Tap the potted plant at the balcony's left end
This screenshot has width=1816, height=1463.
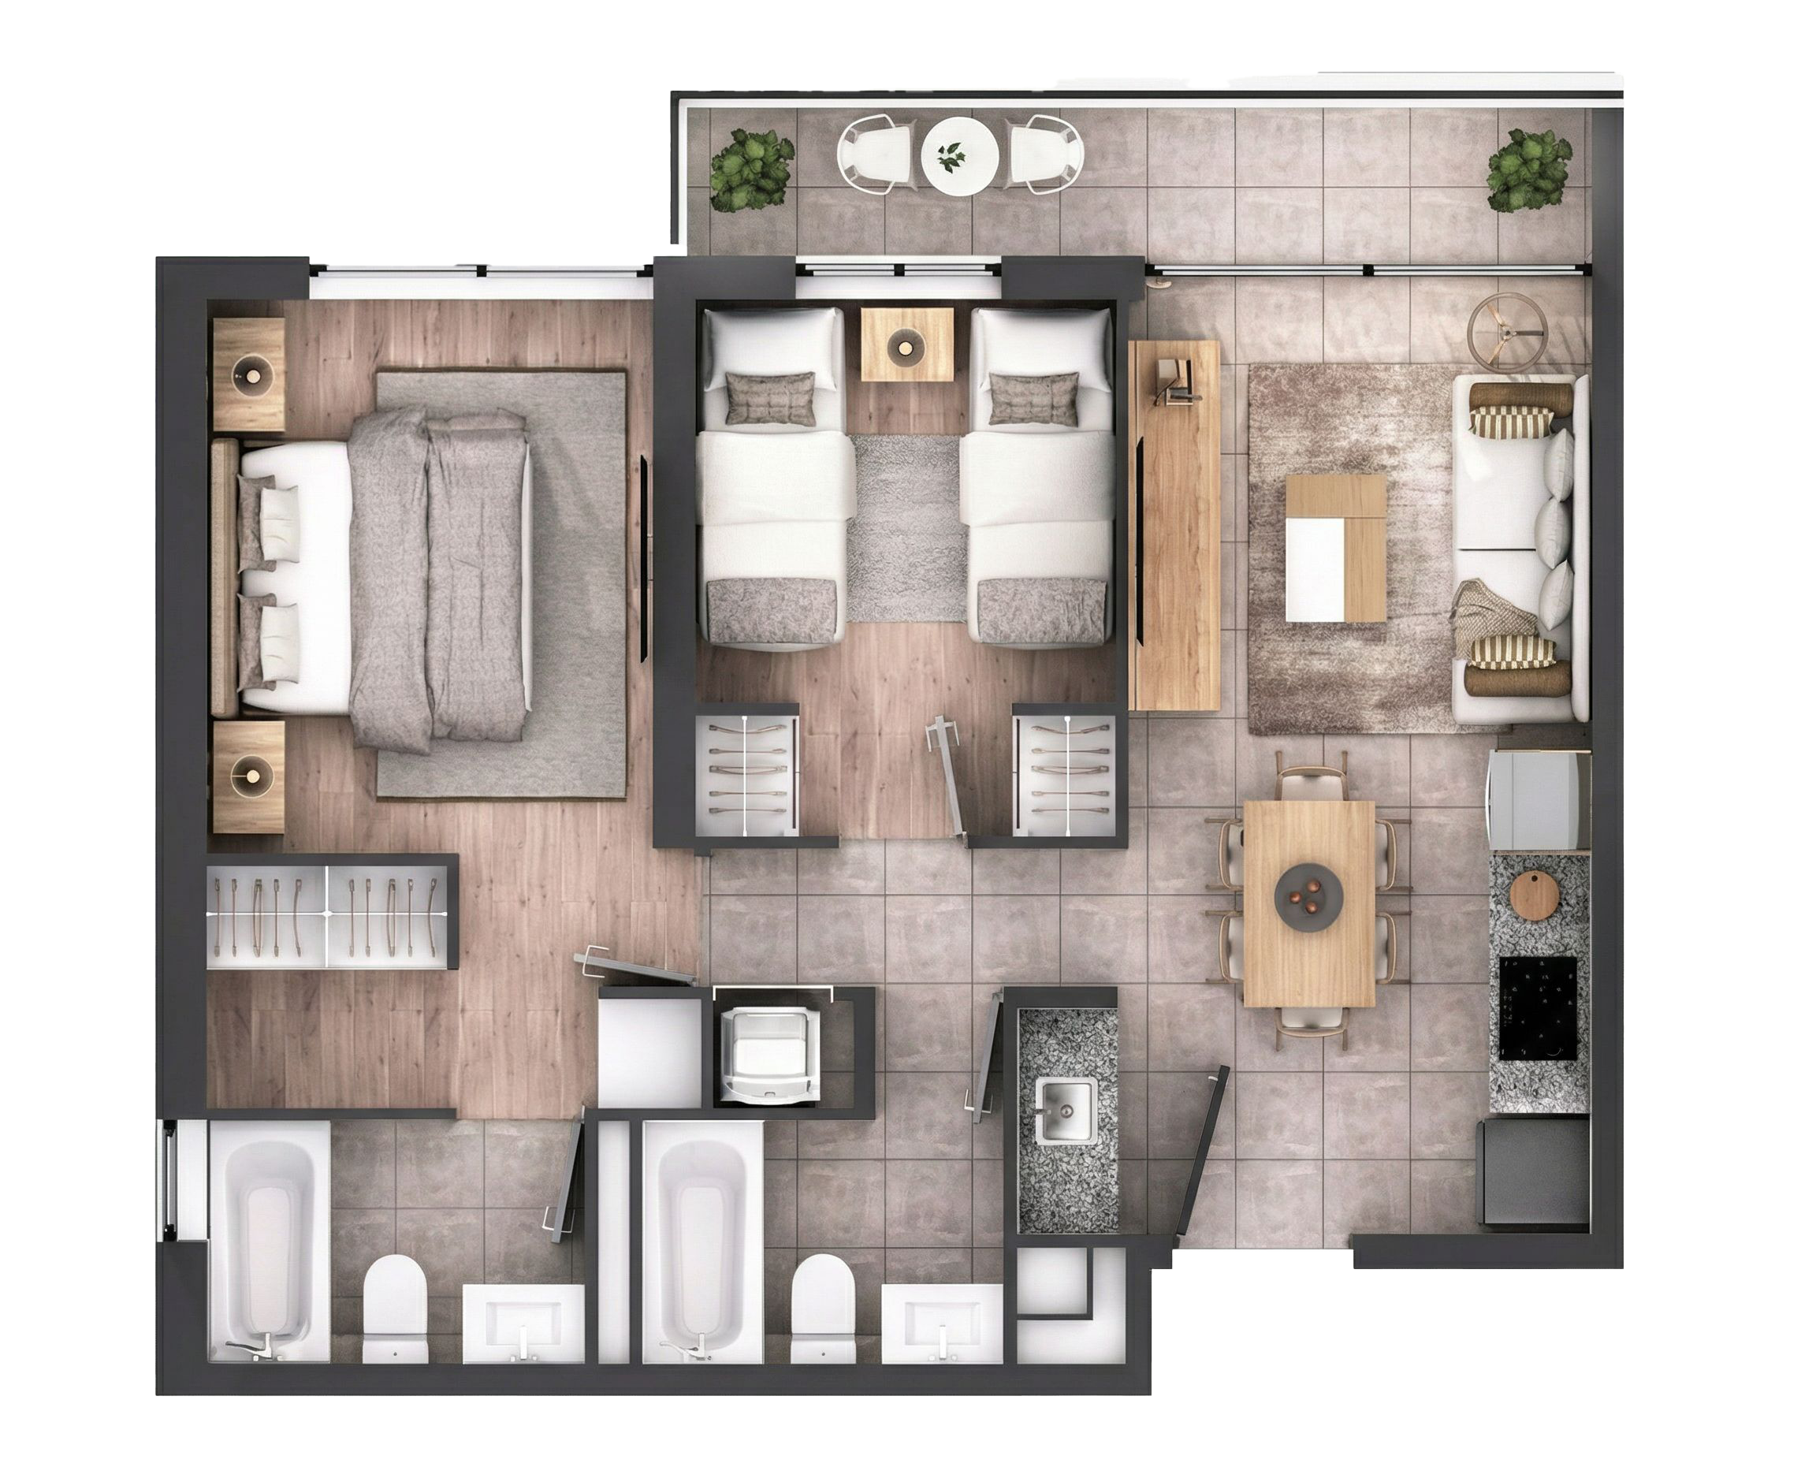click(x=752, y=170)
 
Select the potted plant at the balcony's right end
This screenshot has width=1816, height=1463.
click(x=1528, y=170)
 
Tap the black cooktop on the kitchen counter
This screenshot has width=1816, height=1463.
click(x=1538, y=1008)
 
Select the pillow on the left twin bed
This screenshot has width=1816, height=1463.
click(x=770, y=398)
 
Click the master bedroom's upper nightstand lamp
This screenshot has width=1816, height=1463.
click(x=251, y=371)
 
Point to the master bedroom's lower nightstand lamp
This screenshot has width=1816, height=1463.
click(x=251, y=771)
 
